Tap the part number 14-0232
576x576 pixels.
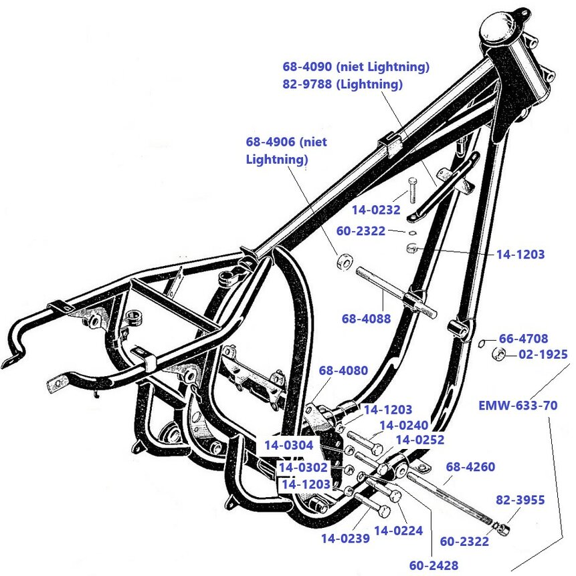pyautogui.click(x=375, y=210)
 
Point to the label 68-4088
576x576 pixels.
pyautogui.click(x=366, y=319)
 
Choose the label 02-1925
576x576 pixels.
pyautogui.click(x=543, y=354)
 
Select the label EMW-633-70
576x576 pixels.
pyautogui.click(x=518, y=405)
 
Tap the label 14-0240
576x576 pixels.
pyautogui.click(x=404, y=424)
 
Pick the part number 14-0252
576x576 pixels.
pyautogui.click(x=420, y=440)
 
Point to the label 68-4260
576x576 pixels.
pyautogui.click(x=470, y=467)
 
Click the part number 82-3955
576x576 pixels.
pyautogui.click(x=520, y=499)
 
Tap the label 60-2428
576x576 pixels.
pyautogui.click(x=434, y=565)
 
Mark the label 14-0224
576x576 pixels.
pyautogui.click(x=398, y=531)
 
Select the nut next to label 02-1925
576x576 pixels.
pyautogui.click(x=498, y=353)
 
